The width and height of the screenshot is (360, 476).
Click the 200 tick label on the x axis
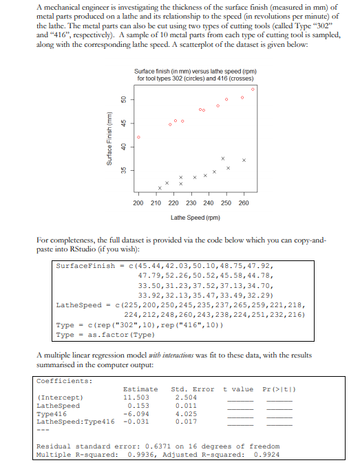tap(138, 203)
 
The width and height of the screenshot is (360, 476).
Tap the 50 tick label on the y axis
tap(123, 100)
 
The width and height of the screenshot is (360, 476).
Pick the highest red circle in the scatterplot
tap(253, 89)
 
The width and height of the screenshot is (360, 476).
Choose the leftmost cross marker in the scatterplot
tap(159, 187)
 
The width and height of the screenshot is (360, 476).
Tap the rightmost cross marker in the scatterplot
tap(244, 160)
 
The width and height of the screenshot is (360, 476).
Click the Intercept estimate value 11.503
tap(135, 397)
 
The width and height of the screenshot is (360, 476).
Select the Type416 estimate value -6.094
tap(135, 413)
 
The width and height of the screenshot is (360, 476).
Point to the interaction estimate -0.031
tap(135, 421)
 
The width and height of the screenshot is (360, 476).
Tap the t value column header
tap(238, 389)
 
